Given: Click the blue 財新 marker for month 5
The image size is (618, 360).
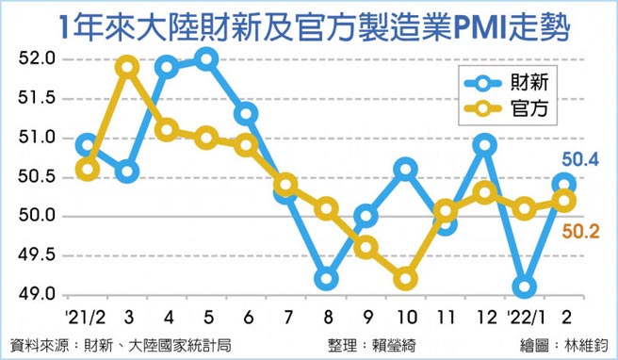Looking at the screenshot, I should (207, 59).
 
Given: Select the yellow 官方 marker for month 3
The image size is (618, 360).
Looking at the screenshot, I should (128, 68).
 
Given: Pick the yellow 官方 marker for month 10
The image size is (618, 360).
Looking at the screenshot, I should (406, 279).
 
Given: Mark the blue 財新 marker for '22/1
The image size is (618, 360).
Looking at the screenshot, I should (526, 286).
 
